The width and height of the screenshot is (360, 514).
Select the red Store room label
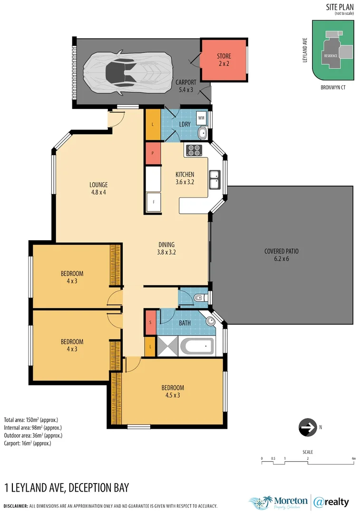coord(224,59)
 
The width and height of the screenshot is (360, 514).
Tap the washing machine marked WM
coord(201,118)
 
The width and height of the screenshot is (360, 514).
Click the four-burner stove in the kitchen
coord(194,150)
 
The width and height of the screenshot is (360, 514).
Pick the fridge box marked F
coord(153,202)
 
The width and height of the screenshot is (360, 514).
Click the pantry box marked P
coord(153,154)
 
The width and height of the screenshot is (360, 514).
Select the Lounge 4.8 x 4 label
coord(99,188)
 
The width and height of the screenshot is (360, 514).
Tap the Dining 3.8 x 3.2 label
coord(166,248)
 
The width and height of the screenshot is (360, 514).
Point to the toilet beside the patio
coord(199,298)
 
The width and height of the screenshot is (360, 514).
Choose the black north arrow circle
coord(307,427)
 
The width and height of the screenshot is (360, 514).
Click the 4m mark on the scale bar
coord(353,459)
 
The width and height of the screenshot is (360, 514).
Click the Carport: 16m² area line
coord(28,443)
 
